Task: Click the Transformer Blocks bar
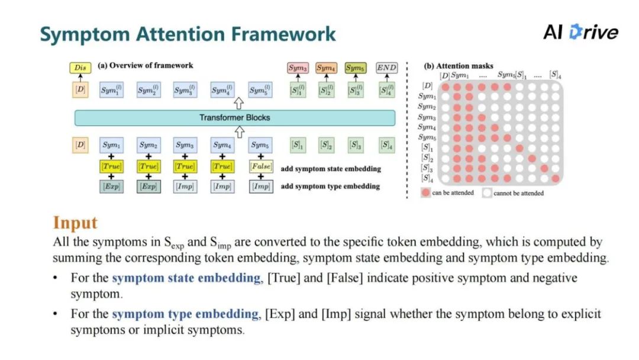click(x=234, y=118)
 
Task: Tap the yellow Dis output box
click(x=80, y=67)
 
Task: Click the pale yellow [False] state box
click(x=260, y=167)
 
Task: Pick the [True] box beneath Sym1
click(x=112, y=167)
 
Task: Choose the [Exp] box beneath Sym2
click(x=149, y=187)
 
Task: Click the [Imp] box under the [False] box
click(x=260, y=187)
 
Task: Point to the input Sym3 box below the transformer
click(x=185, y=145)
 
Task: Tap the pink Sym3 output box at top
click(x=298, y=67)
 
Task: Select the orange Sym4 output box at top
click(x=325, y=67)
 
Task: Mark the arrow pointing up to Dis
click(x=80, y=79)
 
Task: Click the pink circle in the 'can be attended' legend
click(x=425, y=192)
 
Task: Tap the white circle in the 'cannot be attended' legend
click(x=487, y=192)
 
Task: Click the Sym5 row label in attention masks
click(x=427, y=138)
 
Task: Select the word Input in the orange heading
click(x=75, y=223)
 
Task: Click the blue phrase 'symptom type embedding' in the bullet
click(x=185, y=314)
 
